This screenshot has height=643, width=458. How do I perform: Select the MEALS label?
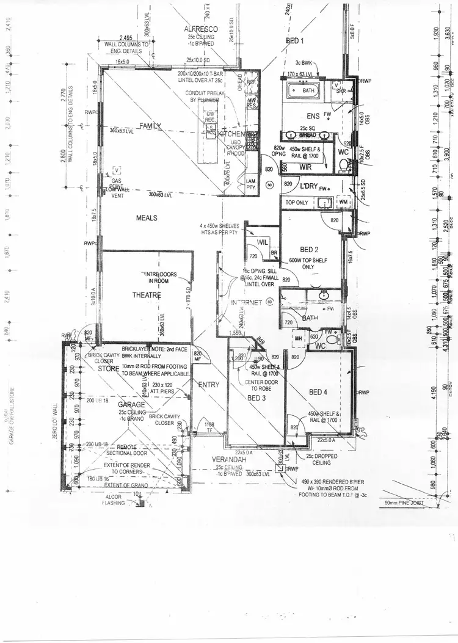[x=147, y=217]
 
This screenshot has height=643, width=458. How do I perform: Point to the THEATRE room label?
[x=147, y=295]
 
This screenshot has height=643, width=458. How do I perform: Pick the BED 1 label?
[x=294, y=41]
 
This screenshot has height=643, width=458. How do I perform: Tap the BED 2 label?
[x=310, y=250]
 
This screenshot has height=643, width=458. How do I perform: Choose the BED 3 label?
[x=256, y=398]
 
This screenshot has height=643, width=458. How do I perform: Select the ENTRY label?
[x=208, y=384]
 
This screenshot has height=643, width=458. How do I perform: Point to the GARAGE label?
[x=131, y=404]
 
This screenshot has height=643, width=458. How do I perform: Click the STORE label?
[x=108, y=368]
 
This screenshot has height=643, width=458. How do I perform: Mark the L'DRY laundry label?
[x=307, y=186]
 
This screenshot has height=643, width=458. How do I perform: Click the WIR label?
[x=306, y=165]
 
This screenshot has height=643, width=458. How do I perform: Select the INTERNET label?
[x=246, y=302]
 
